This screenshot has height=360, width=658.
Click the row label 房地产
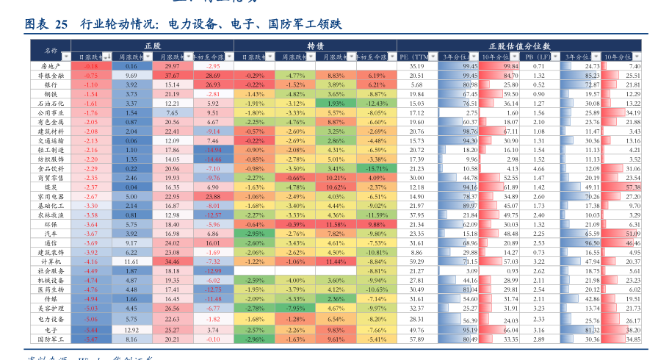click(x=51, y=66)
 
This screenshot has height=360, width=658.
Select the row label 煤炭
click(x=51, y=187)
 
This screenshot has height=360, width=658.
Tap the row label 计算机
click(x=51, y=261)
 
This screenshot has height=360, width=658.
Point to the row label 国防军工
click(x=51, y=339)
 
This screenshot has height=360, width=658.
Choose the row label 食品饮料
click(x=51, y=168)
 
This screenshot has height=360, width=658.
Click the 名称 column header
click(x=51, y=51)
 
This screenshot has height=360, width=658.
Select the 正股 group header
click(x=153, y=46)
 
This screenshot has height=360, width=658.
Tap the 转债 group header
click(x=316, y=46)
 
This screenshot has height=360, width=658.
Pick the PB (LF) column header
click(x=539, y=56)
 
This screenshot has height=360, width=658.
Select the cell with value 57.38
click(x=632, y=187)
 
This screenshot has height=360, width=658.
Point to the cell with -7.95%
click(x=296, y=308)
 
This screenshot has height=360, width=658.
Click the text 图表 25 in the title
click(x=46, y=24)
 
